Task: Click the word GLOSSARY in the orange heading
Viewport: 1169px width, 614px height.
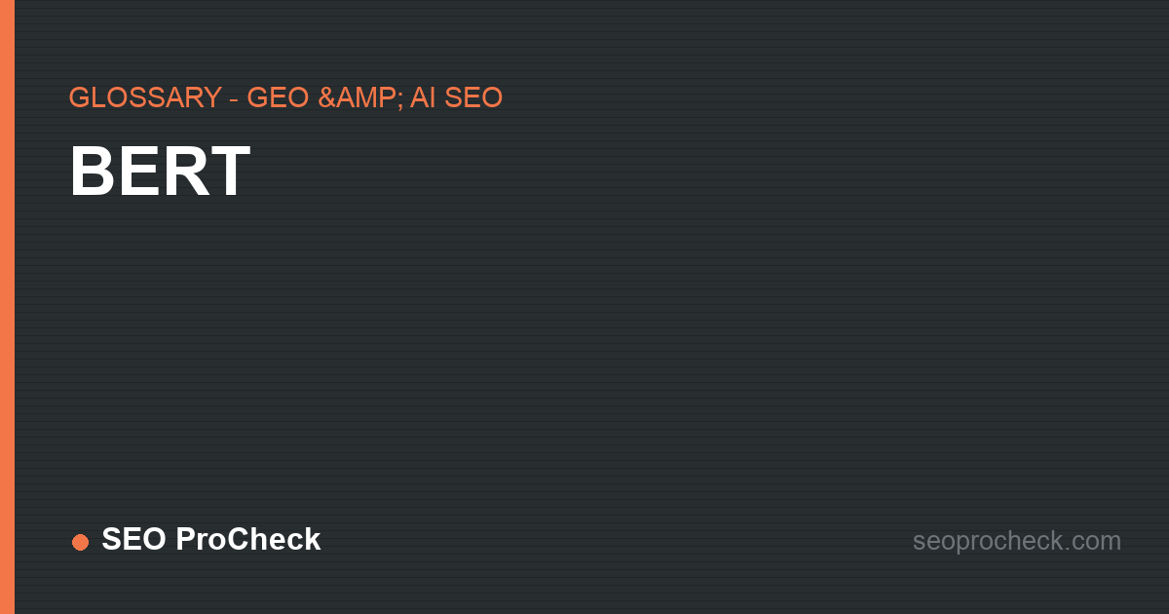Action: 145,97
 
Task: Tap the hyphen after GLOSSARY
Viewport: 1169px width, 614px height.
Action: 235,99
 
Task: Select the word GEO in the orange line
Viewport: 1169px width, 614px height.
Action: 278,97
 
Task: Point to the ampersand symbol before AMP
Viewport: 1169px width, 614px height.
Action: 326,97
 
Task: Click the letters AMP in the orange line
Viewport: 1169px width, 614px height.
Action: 364,97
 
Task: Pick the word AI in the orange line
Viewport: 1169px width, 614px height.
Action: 423,97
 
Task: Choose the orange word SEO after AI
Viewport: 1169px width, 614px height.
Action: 473,97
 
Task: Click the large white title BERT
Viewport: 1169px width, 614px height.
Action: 160,172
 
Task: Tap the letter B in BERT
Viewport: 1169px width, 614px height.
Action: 93,172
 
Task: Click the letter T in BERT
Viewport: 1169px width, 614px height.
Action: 230,172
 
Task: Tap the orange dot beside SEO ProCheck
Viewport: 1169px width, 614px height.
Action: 80,542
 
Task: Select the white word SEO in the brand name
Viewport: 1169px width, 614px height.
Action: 134,539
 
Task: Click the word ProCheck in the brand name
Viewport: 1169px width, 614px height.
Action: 247,539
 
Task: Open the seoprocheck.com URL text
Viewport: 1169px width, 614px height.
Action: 1017,541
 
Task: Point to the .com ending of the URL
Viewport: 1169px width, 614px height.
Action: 1092,541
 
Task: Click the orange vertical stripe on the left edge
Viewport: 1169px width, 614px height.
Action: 8,307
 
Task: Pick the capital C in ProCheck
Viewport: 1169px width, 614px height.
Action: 238,539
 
